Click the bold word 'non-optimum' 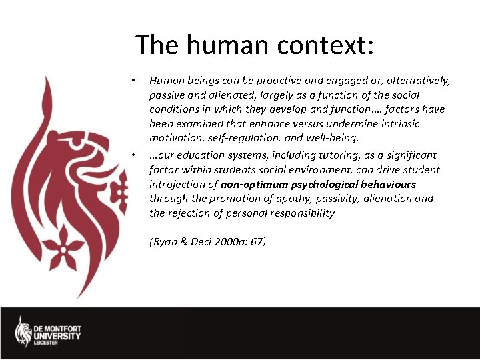coord(255,184)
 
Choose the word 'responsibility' coord(297,213)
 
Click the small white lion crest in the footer coord(23,331)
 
